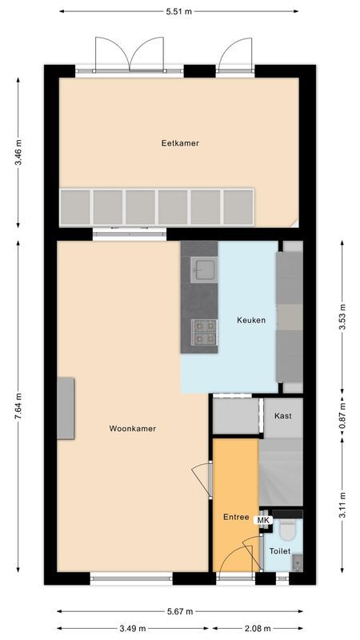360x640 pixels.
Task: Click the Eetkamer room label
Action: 179,143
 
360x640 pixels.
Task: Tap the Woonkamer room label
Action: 132,429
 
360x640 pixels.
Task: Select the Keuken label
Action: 250,320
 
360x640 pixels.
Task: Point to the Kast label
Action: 282,416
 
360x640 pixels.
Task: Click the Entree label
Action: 235,517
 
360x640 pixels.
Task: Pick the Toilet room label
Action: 279,551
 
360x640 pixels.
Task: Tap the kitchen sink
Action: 203,269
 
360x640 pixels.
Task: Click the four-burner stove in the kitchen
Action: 203,332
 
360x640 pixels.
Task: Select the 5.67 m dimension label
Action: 179,613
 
